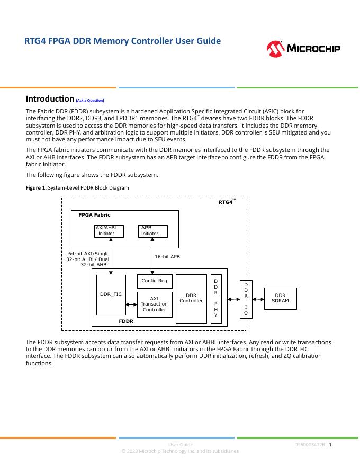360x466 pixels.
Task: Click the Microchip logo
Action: pos(303,49)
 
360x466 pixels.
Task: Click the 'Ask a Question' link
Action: pos(90,100)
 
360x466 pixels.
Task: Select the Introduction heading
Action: pos(50,99)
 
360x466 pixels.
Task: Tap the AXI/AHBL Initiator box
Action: pos(109,231)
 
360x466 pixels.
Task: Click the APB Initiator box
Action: pos(153,231)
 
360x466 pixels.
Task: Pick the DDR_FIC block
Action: pos(111,294)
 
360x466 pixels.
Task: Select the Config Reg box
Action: pos(155,281)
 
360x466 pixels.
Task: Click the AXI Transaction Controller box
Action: pos(155,304)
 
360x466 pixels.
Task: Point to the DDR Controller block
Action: pos(191,298)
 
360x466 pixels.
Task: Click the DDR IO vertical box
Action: pos(245,299)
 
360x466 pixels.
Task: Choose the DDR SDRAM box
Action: pos(280,298)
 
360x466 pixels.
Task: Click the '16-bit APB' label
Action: pos(167,256)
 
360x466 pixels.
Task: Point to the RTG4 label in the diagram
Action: pos(226,202)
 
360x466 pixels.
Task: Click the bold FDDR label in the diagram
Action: pos(126,321)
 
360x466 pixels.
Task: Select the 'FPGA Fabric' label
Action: pos(94,215)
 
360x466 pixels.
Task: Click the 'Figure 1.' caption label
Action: pos(36,188)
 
